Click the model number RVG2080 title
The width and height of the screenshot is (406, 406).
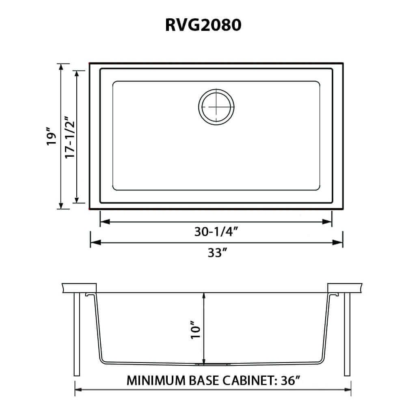(203, 25)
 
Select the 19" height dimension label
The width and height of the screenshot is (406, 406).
(51, 137)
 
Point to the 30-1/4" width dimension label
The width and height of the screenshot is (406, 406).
(216, 232)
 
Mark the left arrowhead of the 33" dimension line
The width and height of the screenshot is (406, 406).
(95, 242)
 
